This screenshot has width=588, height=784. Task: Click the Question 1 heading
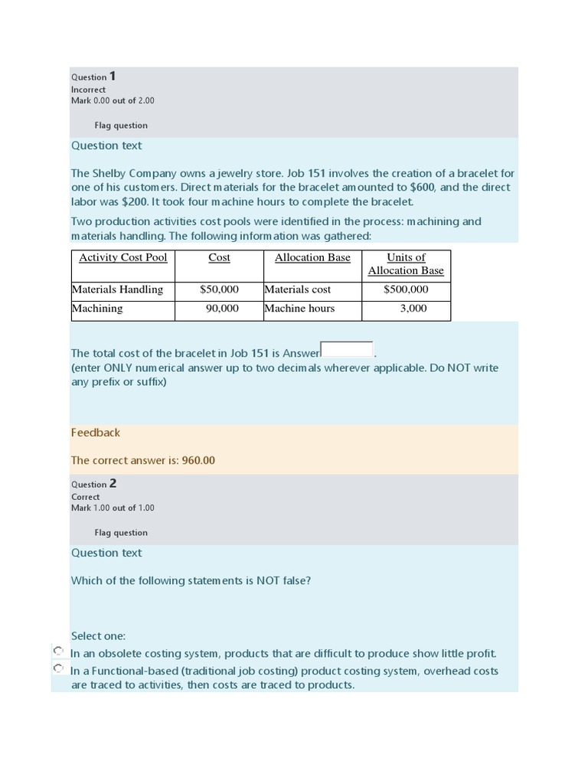(x=93, y=77)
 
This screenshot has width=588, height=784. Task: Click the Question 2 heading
(x=93, y=484)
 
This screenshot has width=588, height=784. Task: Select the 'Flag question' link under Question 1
(x=121, y=126)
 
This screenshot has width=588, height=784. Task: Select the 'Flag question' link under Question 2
(x=121, y=533)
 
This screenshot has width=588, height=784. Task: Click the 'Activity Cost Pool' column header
(x=122, y=258)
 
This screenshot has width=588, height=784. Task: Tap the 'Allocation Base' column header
(x=312, y=258)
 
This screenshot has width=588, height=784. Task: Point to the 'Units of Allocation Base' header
(x=406, y=264)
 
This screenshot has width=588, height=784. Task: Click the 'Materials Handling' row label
(x=117, y=289)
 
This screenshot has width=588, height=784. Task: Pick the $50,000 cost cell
(x=219, y=289)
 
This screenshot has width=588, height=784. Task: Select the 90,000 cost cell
(x=222, y=309)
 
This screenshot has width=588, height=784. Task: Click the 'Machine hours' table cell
(x=299, y=309)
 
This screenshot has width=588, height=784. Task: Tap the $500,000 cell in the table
(x=406, y=289)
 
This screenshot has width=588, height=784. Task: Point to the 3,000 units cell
(x=413, y=309)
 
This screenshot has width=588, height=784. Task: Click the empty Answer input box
(x=347, y=350)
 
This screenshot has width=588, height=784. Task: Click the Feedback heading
(x=96, y=433)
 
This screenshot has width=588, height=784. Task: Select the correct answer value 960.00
(x=198, y=461)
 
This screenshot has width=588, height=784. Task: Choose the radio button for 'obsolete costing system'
(x=58, y=651)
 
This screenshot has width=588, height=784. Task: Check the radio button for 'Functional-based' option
(x=58, y=668)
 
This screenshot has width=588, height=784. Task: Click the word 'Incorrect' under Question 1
(x=88, y=90)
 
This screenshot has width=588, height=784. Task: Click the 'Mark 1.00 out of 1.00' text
(x=113, y=508)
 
